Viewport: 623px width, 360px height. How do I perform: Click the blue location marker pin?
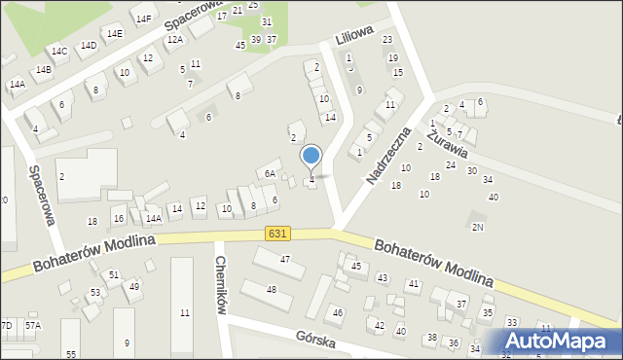(x=311, y=157)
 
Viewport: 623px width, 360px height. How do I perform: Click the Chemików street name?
(x=221, y=285)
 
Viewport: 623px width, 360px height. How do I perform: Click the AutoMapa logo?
(x=563, y=342)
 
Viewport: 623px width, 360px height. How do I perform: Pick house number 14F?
(x=144, y=18)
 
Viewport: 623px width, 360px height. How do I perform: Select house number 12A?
(x=174, y=40)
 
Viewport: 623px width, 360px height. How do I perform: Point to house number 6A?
(x=271, y=173)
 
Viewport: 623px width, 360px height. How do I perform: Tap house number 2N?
(x=477, y=227)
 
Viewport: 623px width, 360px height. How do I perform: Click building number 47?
(x=285, y=259)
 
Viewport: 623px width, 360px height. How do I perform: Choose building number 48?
(x=272, y=290)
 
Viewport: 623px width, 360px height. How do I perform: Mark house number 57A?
(x=33, y=325)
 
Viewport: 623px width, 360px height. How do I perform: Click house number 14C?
(x=59, y=51)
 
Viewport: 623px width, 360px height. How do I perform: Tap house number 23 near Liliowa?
(x=386, y=40)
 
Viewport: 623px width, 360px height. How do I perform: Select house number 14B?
(x=43, y=70)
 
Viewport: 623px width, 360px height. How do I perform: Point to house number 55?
(x=71, y=354)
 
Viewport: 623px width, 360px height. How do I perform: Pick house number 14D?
(x=89, y=45)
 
